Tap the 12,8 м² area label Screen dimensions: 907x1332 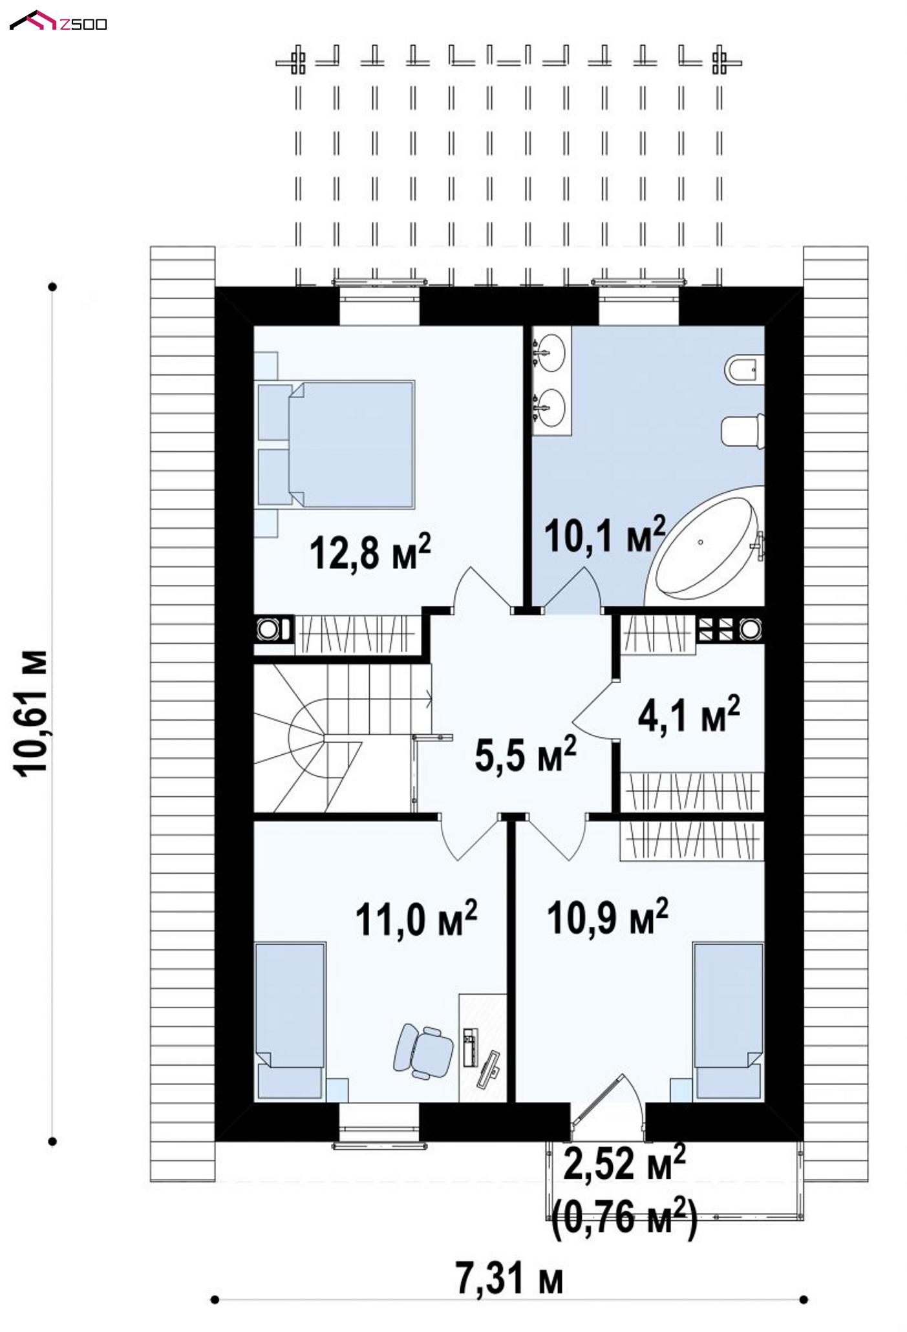(370, 552)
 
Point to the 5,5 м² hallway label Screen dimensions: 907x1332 (525, 754)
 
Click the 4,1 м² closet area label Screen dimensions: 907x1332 (688, 714)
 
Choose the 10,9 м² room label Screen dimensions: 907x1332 (607, 917)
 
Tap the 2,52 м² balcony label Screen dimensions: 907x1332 (624, 1165)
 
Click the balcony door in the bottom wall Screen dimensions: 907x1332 (608, 1105)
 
